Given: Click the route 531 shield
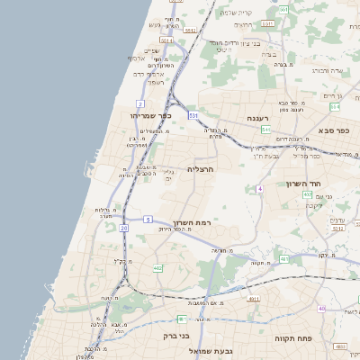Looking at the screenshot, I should click(193, 115).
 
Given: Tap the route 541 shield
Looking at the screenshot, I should click(266, 130).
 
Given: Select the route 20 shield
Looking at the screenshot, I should click(123, 229).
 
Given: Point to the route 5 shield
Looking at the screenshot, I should click(148, 219).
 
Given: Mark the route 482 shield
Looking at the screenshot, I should click(157, 268).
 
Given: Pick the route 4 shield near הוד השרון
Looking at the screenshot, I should click(259, 188).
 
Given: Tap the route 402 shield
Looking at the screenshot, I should click(307, 193).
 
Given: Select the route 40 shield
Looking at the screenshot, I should click(322, 309).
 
